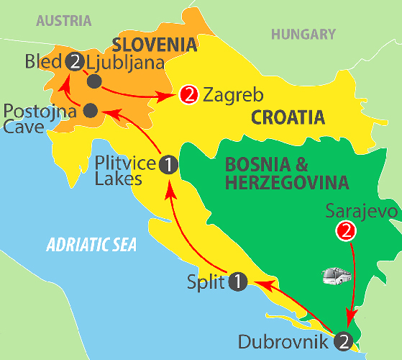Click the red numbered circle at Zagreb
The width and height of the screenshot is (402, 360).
pos(188,95)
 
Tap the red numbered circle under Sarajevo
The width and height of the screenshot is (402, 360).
pos(346,231)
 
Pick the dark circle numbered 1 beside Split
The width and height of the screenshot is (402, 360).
pos(238,282)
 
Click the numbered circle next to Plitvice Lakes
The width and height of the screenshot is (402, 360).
pos(168,165)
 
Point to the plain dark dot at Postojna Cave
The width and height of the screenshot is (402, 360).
pos(91,111)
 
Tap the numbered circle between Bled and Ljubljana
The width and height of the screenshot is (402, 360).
pos(74,62)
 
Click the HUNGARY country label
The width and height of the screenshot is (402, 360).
pos(303,35)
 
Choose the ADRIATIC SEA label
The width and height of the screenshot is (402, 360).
pos(91,245)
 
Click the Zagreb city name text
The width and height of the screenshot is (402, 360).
pos(234,95)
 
